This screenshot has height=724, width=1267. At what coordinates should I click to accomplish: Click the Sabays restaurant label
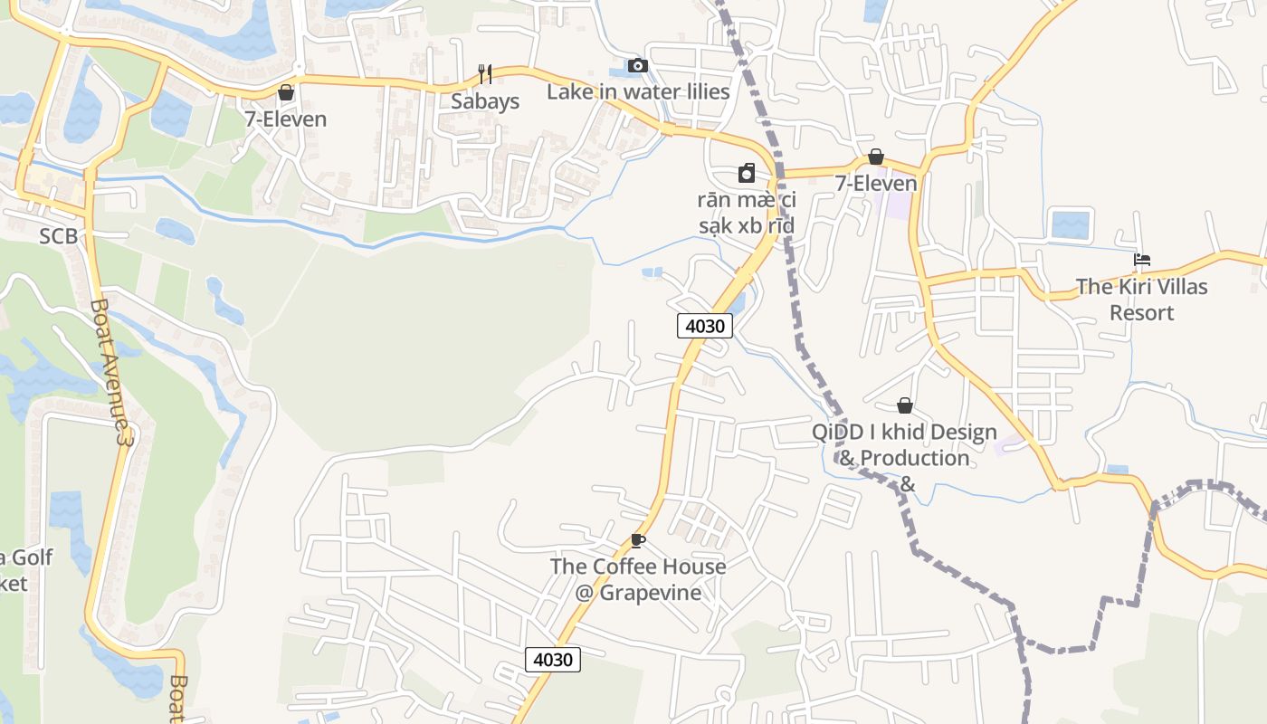click(485, 101)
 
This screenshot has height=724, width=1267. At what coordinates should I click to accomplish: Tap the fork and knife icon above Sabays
click(485, 73)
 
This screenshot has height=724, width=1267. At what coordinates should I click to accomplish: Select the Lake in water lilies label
click(638, 91)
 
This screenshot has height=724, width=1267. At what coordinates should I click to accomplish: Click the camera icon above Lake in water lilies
click(638, 65)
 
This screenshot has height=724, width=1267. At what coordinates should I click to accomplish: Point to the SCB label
click(58, 237)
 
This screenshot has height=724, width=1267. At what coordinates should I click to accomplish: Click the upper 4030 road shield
click(704, 326)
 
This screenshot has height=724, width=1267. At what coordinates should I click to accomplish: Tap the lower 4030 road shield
click(552, 660)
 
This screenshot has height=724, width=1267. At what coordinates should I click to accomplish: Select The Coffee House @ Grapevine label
click(638, 579)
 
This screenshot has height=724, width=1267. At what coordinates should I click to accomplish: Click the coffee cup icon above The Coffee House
click(638, 541)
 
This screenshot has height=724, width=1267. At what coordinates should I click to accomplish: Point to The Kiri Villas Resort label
click(1141, 300)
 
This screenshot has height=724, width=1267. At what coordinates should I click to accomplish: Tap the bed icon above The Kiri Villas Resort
click(1142, 261)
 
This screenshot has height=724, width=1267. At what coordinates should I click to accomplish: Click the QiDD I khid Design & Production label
click(904, 458)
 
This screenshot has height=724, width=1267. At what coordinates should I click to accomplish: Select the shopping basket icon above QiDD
click(904, 405)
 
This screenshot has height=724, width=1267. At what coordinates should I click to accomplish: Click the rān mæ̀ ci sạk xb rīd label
click(747, 213)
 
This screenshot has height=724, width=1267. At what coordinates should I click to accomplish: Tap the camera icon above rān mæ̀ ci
click(747, 173)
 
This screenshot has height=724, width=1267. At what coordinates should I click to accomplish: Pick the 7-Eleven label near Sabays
click(286, 119)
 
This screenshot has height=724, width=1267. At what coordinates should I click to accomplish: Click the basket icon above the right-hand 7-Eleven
click(875, 157)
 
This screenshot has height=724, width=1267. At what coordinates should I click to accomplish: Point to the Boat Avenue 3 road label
click(112, 371)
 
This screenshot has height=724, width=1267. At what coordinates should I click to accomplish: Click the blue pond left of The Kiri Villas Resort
click(1071, 224)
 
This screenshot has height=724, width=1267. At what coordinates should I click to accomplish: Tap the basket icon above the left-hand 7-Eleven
click(286, 92)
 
